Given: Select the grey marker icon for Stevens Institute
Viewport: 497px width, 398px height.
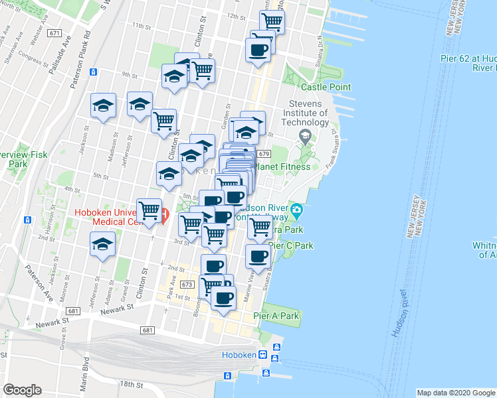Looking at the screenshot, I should pos(305,137).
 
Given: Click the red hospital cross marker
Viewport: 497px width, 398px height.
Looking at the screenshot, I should pos(164,216).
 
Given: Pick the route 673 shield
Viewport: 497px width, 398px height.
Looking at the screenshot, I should pos(187,285).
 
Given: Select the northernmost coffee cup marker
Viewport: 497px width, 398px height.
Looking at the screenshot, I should pos(258,49).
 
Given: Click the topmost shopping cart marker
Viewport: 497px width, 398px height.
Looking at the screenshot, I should pos(272,20).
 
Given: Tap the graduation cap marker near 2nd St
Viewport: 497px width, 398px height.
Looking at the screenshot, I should pos(102,244).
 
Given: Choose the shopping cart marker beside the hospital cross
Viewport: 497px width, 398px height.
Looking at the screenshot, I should pos(149,210).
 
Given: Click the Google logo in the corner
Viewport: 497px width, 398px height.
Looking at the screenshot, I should pos(22,390).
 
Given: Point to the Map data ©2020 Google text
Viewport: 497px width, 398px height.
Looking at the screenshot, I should pos(456,393).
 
